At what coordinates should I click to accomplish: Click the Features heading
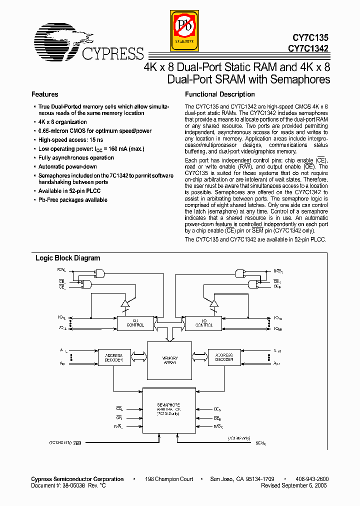click(x=44, y=94)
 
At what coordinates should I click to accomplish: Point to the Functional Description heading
click(x=219, y=94)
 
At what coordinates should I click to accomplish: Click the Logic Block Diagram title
click(x=67, y=258)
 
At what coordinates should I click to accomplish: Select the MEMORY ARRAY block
click(x=169, y=360)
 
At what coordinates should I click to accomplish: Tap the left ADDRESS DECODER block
click(x=113, y=358)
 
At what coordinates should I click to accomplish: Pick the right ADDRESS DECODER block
click(x=223, y=358)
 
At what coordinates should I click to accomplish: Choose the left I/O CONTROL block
click(x=134, y=322)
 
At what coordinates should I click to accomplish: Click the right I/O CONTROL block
click(x=203, y=322)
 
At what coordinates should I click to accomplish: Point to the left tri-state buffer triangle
click(x=125, y=303)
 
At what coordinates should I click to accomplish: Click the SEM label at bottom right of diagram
click(x=260, y=443)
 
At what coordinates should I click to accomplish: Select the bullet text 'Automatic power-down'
click(x=67, y=167)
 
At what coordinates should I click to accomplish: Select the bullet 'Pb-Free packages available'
click(x=72, y=200)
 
